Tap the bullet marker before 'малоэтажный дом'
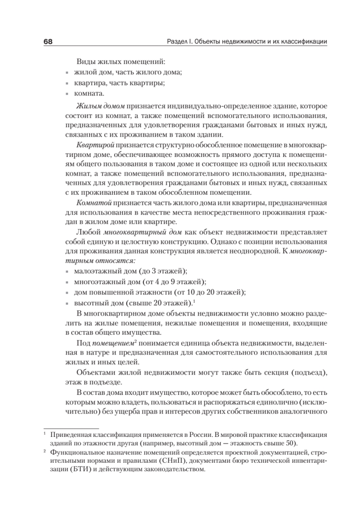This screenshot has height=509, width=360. point(68,271)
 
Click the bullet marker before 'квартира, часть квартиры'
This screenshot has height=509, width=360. point(68,83)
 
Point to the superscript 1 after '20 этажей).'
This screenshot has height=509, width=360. point(194,301)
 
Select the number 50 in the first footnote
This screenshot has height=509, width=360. point(289,444)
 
